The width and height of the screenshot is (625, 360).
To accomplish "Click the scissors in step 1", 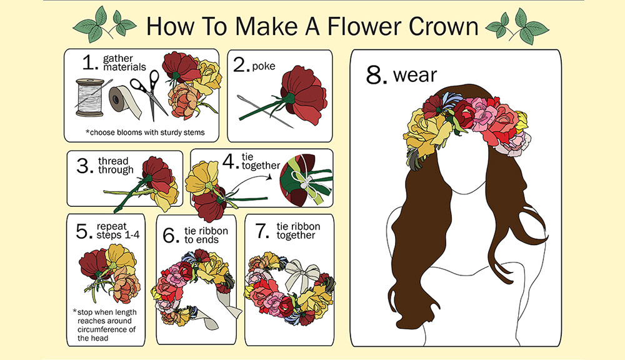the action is pyautogui.click(x=149, y=94).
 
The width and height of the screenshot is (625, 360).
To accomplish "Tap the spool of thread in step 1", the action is pyautogui.click(x=89, y=97).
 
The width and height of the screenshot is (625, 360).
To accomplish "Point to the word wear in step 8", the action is pyautogui.click(x=415, y=76).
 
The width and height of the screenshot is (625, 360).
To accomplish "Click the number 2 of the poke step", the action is pyautogui.click(x=241, y=64).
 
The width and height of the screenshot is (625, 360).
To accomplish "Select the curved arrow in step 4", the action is pyautogui.click(x=251, y=182).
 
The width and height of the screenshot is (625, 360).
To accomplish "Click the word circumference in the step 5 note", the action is pyautogui.click(x=106, y=330).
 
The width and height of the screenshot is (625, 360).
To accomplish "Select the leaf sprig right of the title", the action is pyautogui.click(x=517, y=26).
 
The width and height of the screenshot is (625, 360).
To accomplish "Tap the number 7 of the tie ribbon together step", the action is pyautogui.click(x=262, y=231).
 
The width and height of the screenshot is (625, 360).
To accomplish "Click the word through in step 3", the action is pyautogui.click(x=116, y=170).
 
